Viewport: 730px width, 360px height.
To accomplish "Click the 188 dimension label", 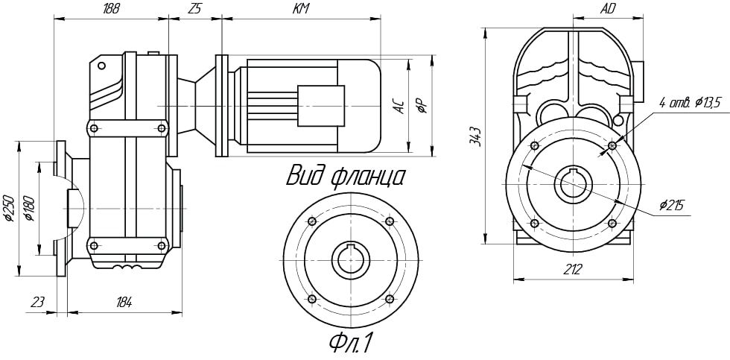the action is (x=111, y=9).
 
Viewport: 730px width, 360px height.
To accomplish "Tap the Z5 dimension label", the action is (x=195, y=9).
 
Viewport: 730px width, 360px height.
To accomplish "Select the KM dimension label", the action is (x=301, y=9).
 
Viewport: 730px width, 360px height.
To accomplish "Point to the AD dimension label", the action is (x=607, y=9).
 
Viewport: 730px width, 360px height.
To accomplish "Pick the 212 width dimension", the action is (x=574, y=269).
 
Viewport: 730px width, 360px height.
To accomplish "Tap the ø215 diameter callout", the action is (x=671, y=206).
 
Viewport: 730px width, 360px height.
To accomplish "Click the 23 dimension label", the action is (x=37, y=303).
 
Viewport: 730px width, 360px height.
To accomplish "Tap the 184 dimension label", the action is (x=124, y=303).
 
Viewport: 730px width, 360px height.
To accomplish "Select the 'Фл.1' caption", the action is (x=351, y=344).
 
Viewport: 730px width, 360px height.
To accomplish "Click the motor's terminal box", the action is (x=321, y=106).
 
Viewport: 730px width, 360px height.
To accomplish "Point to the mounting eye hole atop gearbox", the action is (x=101, y=66).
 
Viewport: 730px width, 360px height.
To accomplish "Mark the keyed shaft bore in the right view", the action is (x=573, y=184).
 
